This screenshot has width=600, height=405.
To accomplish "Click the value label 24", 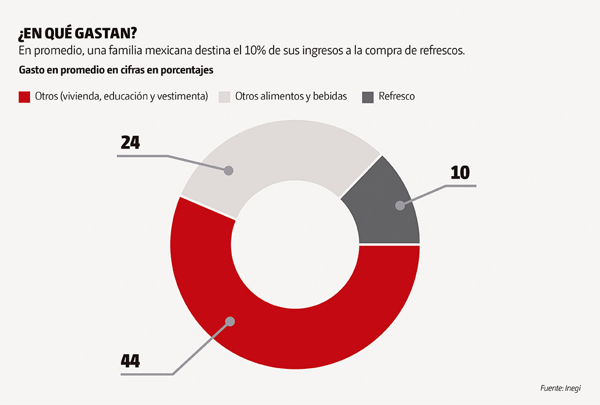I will pyautogui.click(x=130, y=143).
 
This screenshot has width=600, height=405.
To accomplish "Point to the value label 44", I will pyautogui.click(x=130, y=361).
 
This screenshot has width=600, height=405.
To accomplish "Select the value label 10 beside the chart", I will pyautogui.click(x=460, y=172).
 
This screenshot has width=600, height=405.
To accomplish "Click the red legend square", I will pyautogui.click(x=25, y=96).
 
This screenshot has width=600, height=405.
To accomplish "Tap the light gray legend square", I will pyautogui.click(x=225, y=96).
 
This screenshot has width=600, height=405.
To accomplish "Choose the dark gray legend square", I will pyautogui.click(x=368, y=96).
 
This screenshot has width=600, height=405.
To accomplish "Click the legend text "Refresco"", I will pyautogui.click(x=396, y=96).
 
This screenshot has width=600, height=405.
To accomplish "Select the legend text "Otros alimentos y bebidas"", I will pyautogui.click(x=291, y=96).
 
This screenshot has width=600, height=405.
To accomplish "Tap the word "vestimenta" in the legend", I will pyautogui.click(x=185, y=96).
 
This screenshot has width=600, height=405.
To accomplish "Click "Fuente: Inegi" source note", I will pyautogui.click(x=560, y=388).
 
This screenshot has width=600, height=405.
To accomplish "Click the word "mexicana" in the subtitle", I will pyautogui.click(x=188, y=51).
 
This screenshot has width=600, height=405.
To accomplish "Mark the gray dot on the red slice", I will pyautogui.click(x=230, y=321).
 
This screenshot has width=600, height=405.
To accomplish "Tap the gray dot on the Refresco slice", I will pyautogui.click(x=400, y=206).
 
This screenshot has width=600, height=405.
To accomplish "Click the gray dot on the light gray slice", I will pyautogui.click(x=228, y=170).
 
